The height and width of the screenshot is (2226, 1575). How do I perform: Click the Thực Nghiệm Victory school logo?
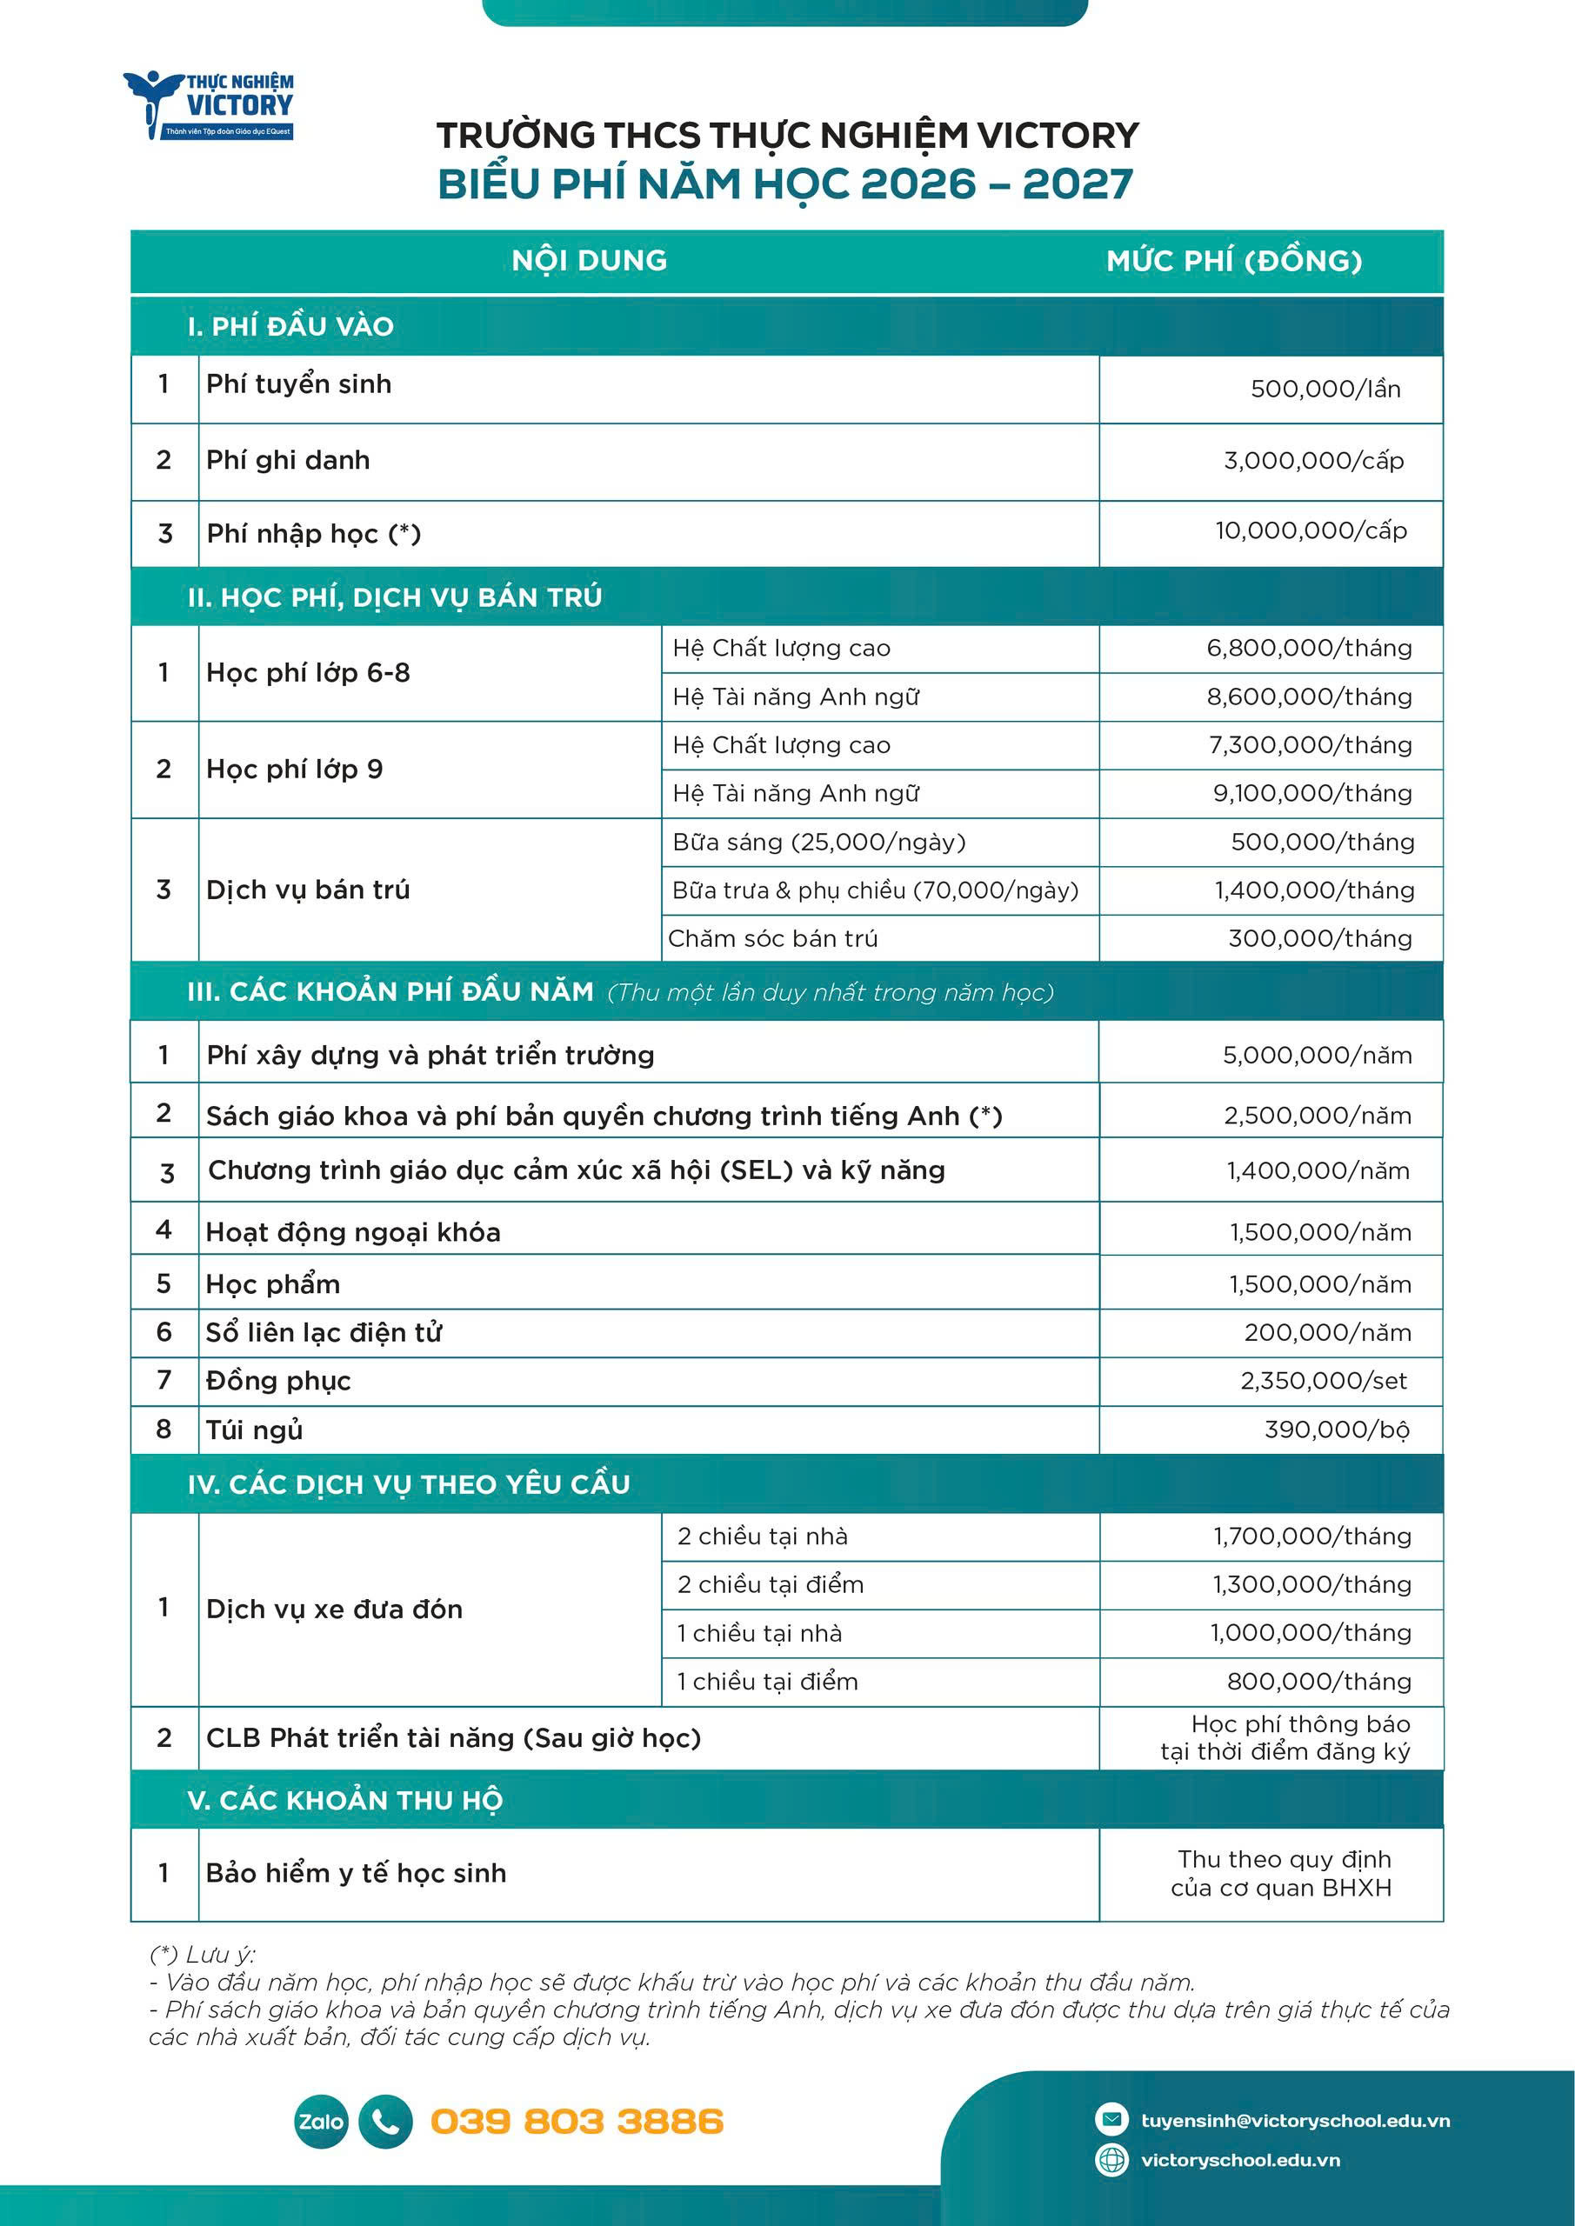[x=209, y=104]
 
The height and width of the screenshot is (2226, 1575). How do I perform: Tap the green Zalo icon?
[x=320, y=2122]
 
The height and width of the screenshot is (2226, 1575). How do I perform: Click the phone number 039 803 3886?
[x=577, y=2122]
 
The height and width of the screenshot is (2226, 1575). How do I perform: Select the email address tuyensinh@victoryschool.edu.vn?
[x=1295, y=2120]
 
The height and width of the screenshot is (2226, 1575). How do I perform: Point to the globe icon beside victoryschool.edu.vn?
[x=1111, y=2160]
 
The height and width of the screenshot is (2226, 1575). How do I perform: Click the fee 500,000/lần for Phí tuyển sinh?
[x=1325, y=390]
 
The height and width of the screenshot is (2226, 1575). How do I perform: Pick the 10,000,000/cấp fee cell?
[x=1311, y=531]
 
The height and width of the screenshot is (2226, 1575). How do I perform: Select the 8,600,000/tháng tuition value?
[x=1308, y=697]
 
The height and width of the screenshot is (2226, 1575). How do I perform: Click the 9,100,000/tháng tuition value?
[x=1311, y=794]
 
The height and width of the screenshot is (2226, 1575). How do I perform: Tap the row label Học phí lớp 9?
[x=295, y=770]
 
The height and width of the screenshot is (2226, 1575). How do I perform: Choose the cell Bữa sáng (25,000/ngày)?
[x=818, y=843]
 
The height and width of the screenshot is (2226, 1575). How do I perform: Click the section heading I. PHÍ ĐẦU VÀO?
[x=291, y=327]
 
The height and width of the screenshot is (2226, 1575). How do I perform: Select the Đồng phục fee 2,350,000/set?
[x=1323, y=1381]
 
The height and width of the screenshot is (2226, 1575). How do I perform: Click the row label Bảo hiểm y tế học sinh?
[x=356, y=1873]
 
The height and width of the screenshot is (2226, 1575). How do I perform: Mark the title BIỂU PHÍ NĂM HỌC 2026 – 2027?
[x=785, y=184]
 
